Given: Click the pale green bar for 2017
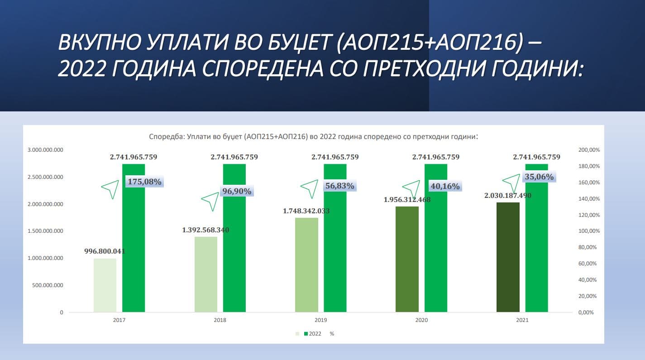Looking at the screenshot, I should pos(105,285).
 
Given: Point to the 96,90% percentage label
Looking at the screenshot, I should pos(236,192).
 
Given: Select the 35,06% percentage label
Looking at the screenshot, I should pos(539,177).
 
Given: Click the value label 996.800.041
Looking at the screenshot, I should pos(105,251).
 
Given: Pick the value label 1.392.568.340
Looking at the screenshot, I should pos(205,230).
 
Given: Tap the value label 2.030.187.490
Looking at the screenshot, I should pos(508,196).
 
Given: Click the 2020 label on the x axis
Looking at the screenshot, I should pos(421,320).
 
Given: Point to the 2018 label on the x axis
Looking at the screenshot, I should pos(220,320).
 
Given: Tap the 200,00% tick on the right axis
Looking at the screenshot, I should pos(589,150).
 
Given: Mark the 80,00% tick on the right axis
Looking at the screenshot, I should pos(589,248).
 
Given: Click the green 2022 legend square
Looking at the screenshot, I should pos(306,334).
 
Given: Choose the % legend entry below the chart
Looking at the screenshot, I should pos(332,334).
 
